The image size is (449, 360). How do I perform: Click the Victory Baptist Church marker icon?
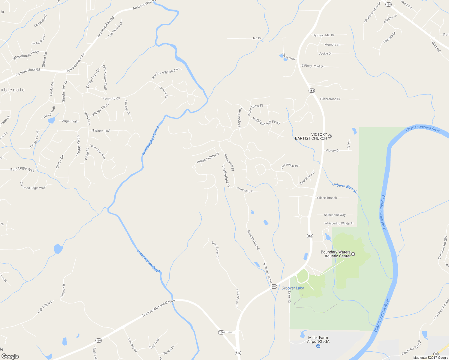coord(330,136)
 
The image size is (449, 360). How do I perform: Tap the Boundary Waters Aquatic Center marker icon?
coord(353,254)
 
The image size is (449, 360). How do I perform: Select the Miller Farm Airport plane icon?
coord(318,346)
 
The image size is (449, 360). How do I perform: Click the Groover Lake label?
coord(293,288)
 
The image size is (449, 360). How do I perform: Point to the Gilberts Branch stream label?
coord(344,188)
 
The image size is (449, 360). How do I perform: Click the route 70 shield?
coord(436,354)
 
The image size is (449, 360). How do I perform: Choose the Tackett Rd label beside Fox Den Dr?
coord(111,98)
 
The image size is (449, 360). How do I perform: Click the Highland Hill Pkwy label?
coord(266,121)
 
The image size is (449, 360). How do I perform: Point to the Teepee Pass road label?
coord(240,118)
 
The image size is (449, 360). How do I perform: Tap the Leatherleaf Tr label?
coord(226,176)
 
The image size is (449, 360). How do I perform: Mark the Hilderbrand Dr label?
coord(330,99)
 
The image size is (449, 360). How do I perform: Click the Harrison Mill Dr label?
coord(323,35)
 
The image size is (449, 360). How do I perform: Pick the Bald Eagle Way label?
coord(22,169)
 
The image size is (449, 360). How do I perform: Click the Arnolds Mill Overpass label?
coord(166,73)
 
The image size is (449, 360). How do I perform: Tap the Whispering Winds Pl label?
coord(339,223)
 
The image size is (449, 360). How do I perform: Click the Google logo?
coord(10,356)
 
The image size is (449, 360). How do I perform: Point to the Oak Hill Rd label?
coord(45,307)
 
